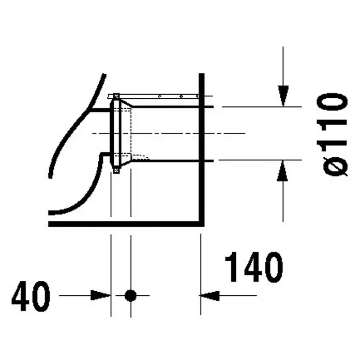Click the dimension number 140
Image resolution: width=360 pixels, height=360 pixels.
click(254, 267)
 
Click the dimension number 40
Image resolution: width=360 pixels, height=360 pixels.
click(31, 296)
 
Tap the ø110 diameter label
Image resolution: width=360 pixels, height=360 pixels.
click(332, 135)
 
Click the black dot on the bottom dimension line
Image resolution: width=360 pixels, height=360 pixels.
click(130, 295)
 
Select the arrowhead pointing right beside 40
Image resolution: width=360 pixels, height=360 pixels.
click(100, 295)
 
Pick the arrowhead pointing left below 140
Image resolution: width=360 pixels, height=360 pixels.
click(209, 295)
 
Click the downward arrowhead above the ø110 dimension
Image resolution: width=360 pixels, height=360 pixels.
click(283, 96)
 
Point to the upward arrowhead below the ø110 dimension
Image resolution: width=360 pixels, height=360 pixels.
click(282, 171)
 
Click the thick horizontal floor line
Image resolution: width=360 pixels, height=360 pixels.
click(126, 224)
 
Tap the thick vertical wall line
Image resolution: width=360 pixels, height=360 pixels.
click(201, 149)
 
